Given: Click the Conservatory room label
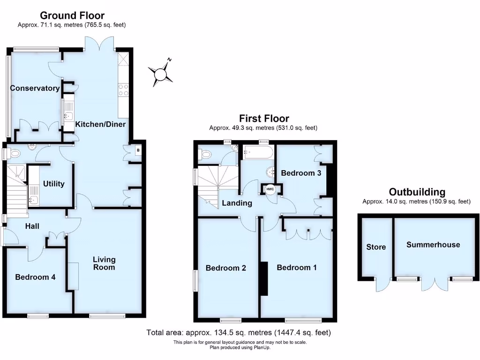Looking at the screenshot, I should [35, 88].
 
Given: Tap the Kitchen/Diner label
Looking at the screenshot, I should [100, 125].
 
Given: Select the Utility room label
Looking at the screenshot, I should [53, 184].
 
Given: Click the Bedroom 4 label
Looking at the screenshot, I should [35, 277].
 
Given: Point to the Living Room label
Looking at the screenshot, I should [104, 263].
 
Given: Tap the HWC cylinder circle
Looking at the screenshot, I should [270, 189].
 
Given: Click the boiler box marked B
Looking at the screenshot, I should [137, 150].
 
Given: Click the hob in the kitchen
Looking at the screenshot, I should [124, 89].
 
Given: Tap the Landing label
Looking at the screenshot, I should [237, 203].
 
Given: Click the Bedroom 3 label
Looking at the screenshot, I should [301, 173].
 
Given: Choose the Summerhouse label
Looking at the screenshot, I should [433, 245].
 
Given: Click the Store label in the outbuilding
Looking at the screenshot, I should [376, 247].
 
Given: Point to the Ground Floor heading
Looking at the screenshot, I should [72, 16].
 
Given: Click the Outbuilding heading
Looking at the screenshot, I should [417, 192].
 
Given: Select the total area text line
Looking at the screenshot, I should [239, 333].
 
